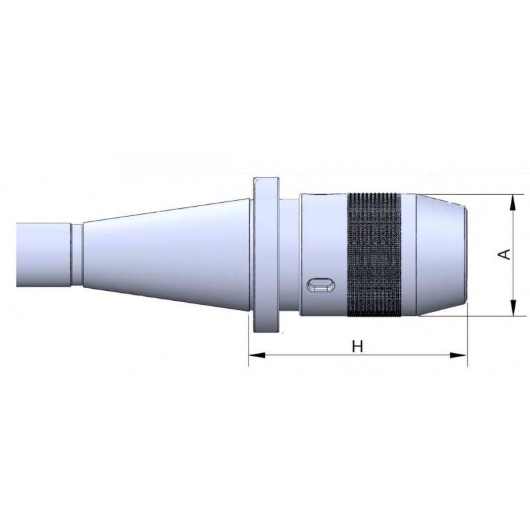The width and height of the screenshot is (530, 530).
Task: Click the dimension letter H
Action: [x=357, y=346]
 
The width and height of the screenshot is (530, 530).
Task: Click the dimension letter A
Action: [x=505, y=254]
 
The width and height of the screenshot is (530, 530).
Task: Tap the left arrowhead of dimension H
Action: [x=257, y=355]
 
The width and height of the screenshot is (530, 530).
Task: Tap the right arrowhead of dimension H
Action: [x=458, y=355]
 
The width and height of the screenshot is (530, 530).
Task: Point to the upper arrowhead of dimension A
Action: [x=513, y=203]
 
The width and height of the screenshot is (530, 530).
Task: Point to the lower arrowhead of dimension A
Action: [x=513, y=308]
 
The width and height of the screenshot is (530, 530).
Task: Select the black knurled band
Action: [x=374, y=255]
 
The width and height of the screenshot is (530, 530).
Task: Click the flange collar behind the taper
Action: [x=266, y=255]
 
